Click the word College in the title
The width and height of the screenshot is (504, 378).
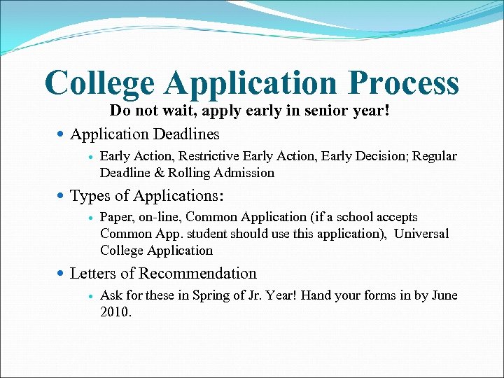point(99,83)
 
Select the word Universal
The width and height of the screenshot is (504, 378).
point(421,234)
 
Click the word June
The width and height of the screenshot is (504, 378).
point(444,296)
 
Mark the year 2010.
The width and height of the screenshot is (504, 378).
point(115,312)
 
